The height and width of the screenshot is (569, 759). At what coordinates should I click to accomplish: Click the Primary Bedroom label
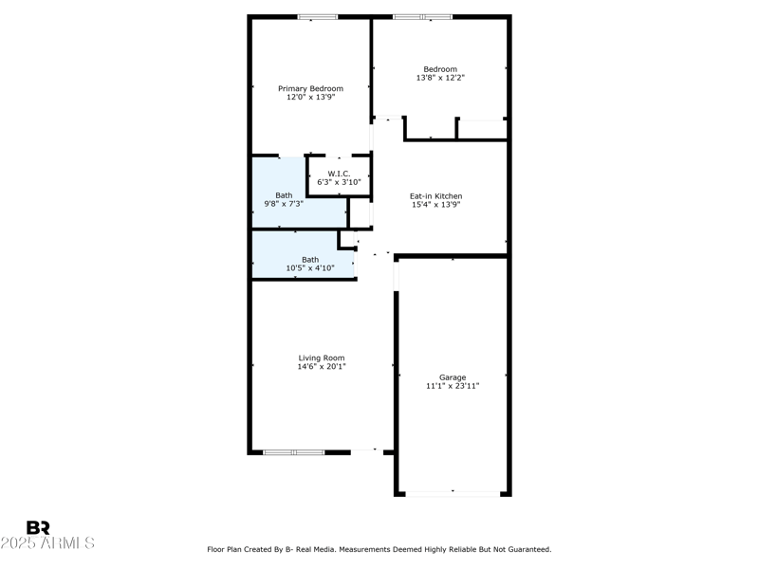[x=310, y=88]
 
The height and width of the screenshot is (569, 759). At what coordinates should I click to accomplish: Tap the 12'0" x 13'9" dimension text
[x=310, y=97]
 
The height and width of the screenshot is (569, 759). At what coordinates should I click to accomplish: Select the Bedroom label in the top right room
[x=440, y=69]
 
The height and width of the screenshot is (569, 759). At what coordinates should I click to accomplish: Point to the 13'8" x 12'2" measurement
[x=440, y=78]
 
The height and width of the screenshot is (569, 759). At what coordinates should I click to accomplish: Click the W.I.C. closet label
[x=339, y=174]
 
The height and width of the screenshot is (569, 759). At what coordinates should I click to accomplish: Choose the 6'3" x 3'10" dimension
[x=339, y=182]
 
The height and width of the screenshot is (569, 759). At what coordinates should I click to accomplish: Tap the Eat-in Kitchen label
[x=436, y=196]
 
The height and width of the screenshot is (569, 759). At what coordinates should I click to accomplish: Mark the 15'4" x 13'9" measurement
[x=436, y=205]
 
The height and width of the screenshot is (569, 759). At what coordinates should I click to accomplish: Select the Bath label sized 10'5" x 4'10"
[x=310, y=259]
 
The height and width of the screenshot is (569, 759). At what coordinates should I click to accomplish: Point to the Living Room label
[x=322, y=358]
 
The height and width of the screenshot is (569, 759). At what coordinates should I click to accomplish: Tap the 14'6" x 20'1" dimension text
[x=322, y=366]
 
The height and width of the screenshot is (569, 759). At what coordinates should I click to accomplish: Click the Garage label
[x=453, y=377]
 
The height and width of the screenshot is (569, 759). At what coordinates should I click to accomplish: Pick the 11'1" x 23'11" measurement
[x=453, y=386]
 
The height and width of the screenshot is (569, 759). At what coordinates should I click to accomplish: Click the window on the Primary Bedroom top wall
[x=317, y=17]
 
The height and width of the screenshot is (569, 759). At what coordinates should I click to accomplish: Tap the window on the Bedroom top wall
[x=423, y=17]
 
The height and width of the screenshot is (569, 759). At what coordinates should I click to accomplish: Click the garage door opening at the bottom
[x=453, y=493]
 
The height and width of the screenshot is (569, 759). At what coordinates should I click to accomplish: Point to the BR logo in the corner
[x=38, y=528]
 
